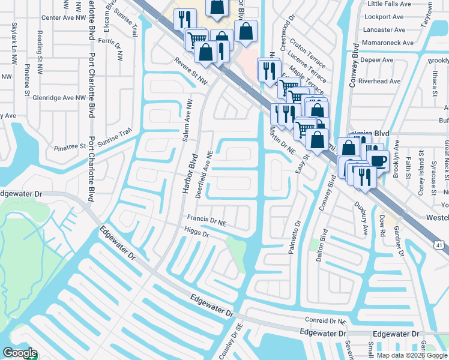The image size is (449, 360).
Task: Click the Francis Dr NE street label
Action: tap(206, 221)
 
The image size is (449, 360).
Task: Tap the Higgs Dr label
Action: tap(197, 233)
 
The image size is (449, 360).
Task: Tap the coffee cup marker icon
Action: tap(378, 160)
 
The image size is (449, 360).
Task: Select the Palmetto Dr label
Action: tap(295, 237)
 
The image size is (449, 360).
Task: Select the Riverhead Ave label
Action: tap(379, 81)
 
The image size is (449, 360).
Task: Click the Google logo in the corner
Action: tap(20, 353)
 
